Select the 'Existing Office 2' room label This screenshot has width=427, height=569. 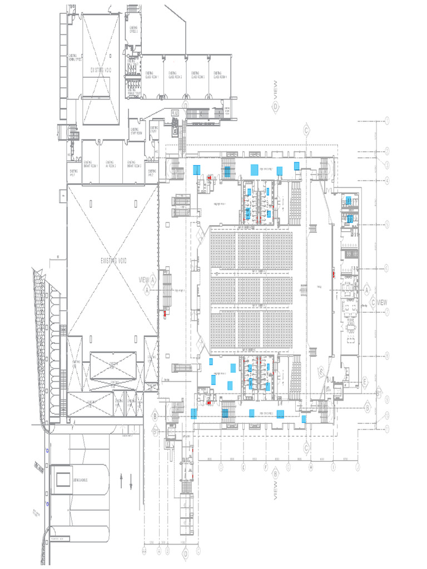pos(133,29)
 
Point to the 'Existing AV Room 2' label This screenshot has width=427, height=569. pos(111,163)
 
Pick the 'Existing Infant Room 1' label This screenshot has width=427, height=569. pos(90,163)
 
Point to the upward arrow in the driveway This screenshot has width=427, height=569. pos(122,478)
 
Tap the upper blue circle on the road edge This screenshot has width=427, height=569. pos(48,451)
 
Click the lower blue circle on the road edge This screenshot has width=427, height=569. pos(48,503)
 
